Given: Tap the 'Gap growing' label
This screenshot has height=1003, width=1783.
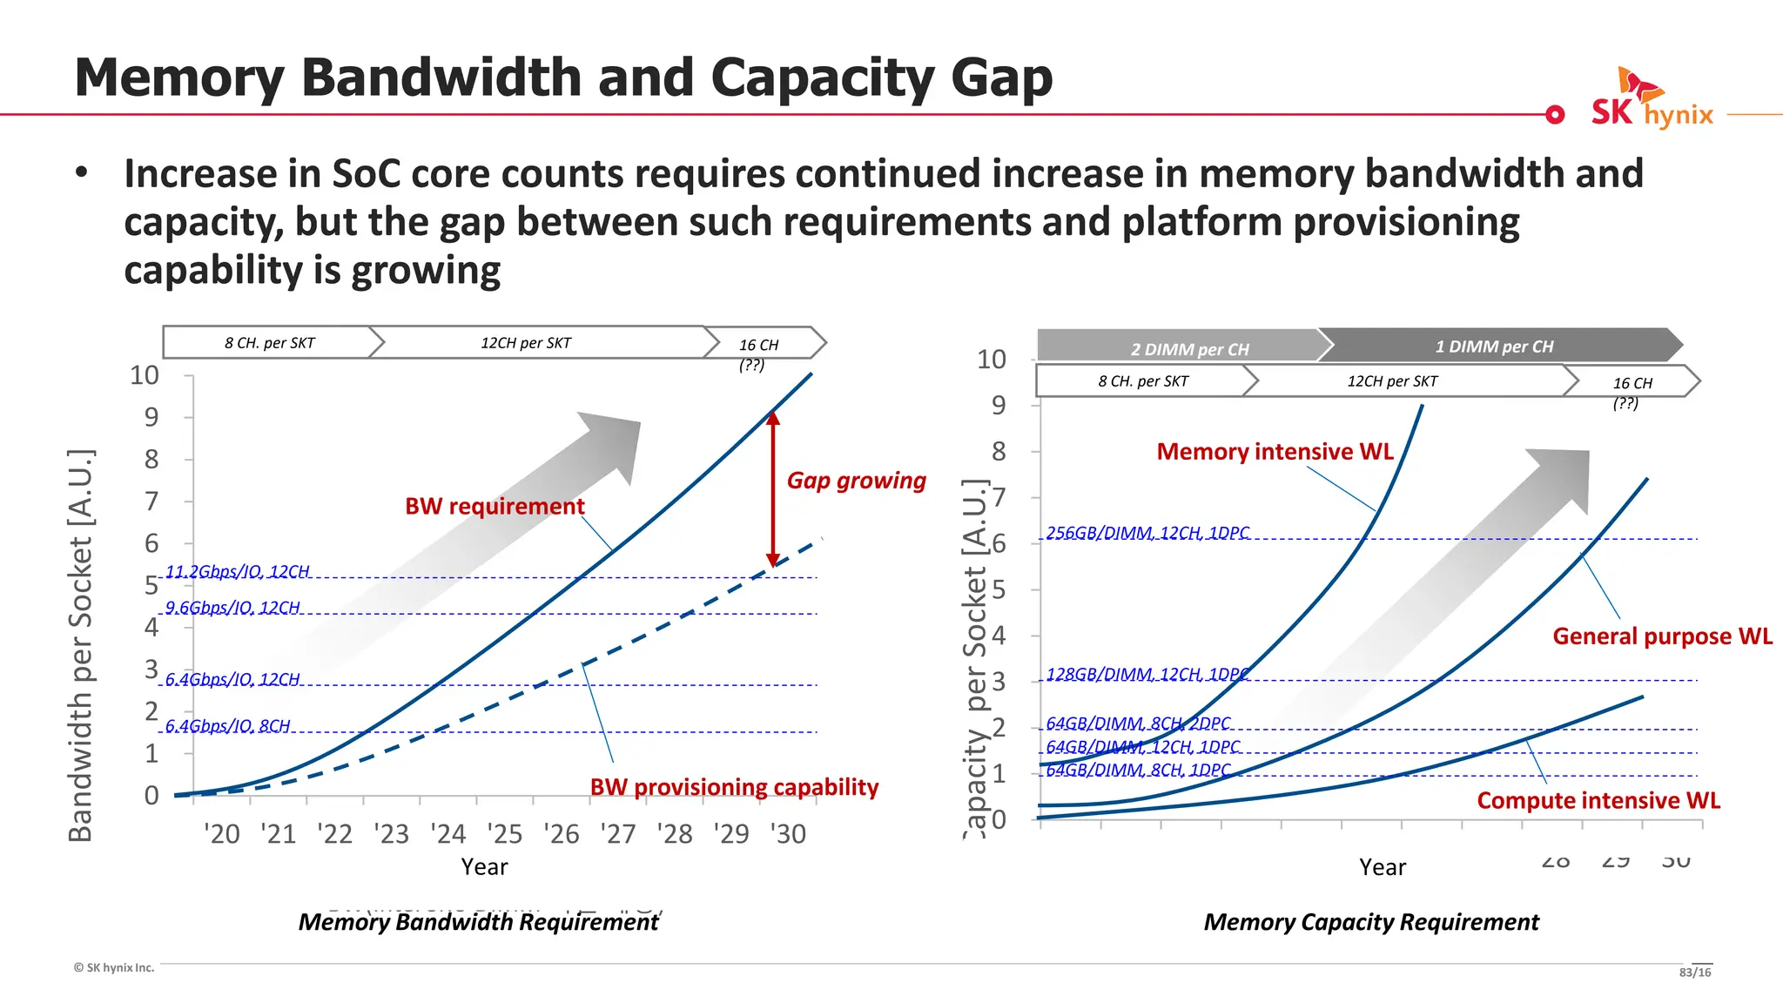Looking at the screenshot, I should tap(856, 481).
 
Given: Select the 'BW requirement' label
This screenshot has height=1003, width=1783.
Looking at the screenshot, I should tap(495, 506).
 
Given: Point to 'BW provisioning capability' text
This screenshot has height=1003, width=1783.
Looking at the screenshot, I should tap(734, 787).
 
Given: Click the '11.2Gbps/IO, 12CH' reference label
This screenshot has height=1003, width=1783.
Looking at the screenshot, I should tap(238, 571).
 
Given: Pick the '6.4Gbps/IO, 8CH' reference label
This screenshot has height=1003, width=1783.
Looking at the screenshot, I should tap(227, 725).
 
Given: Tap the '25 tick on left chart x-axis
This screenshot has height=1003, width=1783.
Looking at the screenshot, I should tap(505, 834).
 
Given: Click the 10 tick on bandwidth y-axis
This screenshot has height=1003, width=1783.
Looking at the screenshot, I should tap(145, 375).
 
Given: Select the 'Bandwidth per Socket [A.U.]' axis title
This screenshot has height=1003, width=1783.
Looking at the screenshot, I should tap(80, 644).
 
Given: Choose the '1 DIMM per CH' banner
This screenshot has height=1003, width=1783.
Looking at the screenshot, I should tap(1494, 347).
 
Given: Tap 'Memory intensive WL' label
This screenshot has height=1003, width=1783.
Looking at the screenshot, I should tap(1275, 452).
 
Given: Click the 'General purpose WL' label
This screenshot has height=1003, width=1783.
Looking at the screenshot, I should tap(1662, 636).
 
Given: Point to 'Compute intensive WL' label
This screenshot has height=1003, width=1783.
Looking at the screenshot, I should tap(1598, 800).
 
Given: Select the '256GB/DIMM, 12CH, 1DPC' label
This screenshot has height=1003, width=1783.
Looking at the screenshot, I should tap(1147, 532).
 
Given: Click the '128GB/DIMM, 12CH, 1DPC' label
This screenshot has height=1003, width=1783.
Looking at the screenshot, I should tap(1147, 674).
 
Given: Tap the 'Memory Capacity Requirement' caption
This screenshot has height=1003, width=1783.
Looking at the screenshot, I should tap(1371, 922).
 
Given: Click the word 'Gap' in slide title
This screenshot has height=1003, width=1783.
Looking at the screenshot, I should tap(1001, 78).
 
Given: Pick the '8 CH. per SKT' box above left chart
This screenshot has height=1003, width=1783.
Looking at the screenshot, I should tap(270, 343).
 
